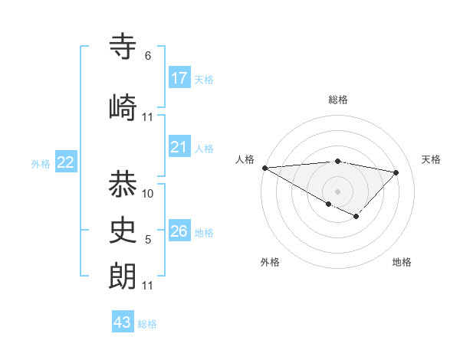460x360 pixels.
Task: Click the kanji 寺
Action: (x=123, y=47)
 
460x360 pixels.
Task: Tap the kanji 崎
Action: (x=123, y=106)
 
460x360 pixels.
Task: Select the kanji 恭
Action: (x=123, y=184)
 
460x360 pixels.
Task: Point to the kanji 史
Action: (x=123, y=229)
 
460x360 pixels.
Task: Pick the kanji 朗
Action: (x=123, y=275)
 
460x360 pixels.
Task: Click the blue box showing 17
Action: (x=179, y=77)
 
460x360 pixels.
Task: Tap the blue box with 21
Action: (x=179, y=147)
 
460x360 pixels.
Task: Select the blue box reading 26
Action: (x=179, y=231)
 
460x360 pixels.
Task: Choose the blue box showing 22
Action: (x=66, y=162)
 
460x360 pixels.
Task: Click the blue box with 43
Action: (x=123, y=322)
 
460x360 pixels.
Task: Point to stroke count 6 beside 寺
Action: (x=148, y=56)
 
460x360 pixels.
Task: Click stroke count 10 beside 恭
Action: (x=148, y=194)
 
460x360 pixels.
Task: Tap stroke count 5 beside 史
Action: (x=148, y=240)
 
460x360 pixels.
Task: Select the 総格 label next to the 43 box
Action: (x=147, y=324)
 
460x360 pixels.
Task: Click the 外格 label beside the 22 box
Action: (x=41, y=163)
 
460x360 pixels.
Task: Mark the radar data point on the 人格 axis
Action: (x=264, y=168)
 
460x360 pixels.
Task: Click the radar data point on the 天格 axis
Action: (x=396, y=172)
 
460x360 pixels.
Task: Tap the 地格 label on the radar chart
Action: (x=402, y=262)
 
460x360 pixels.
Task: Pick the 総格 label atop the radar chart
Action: (x=337, y=100)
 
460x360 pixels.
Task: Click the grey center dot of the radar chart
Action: (x=337, y=190)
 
